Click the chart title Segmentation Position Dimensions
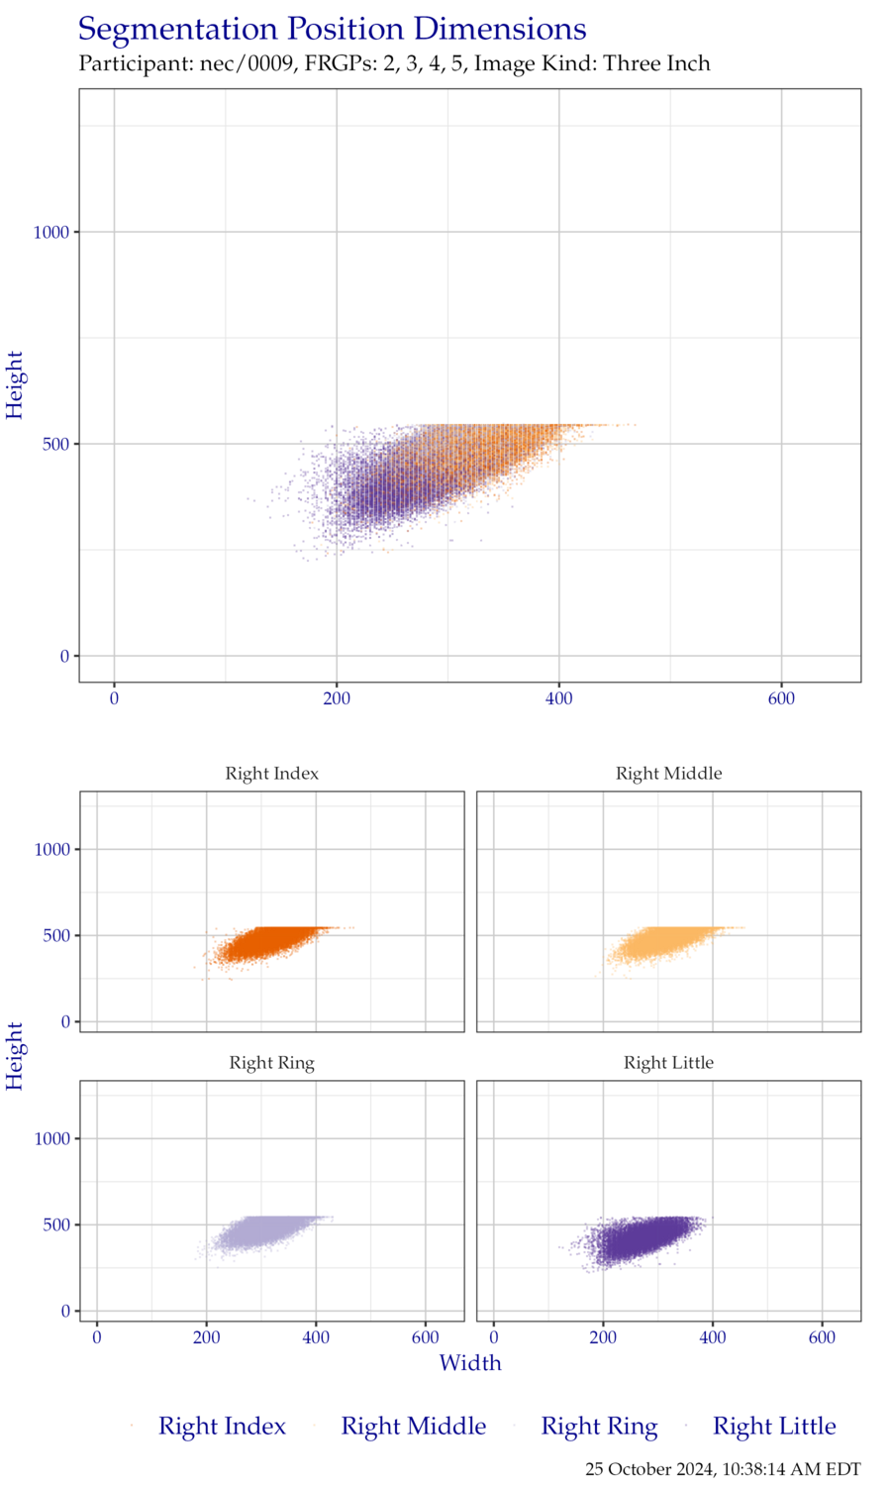point(333,30)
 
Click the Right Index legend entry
point(222,1427)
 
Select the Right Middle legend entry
point(413,1427)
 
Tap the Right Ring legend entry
point(598,1427)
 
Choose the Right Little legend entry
point(774,1427)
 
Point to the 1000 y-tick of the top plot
point(52,232)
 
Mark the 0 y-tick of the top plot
point(65,656)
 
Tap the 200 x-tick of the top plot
point(337,698)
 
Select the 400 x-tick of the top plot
point(559,698)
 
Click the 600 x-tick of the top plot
point(781,698)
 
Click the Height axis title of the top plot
point(16,384)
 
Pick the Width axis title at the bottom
point(470,1363)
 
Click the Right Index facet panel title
point(272,774)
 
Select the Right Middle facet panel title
point(669,774)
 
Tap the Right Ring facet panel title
point(272,1063)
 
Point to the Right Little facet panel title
point(669,1063)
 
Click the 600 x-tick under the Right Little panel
point(823,1337)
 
